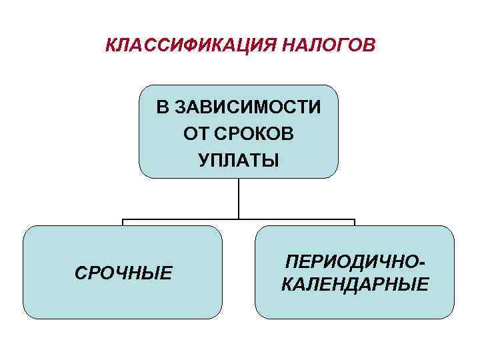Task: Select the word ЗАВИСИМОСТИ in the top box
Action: [x=247, y=107]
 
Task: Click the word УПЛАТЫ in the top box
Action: [x=238, y=161]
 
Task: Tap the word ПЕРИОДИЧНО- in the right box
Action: [x=355, y=261]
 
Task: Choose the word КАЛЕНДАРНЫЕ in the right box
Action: [x=355, y=285]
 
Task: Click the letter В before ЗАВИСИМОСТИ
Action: [x=162, y=107]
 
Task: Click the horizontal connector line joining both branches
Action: [x=180, y=219]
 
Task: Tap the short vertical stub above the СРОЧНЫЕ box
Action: [x=122, y=223]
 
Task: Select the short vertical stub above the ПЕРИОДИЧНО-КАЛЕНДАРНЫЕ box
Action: [x=355, y=223]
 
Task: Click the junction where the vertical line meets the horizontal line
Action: [x=238, y=219]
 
